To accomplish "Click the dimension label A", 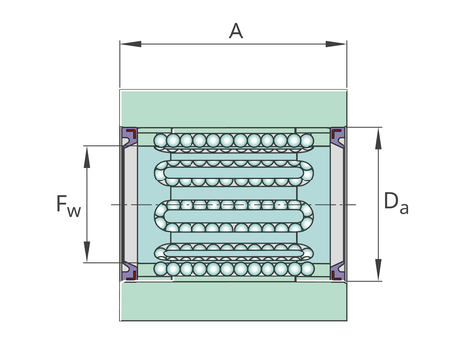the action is (236, 32).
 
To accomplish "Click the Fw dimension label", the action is (69, 206).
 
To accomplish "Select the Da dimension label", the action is (396, 203).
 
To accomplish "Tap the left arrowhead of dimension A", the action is (131, 44).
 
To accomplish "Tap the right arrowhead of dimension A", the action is (336, 44).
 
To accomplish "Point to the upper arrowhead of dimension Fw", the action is (87, 157).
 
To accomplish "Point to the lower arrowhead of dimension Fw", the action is (87, 252).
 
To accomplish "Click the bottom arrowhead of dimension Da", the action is (379, 270).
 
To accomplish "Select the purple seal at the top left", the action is (129, 136).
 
